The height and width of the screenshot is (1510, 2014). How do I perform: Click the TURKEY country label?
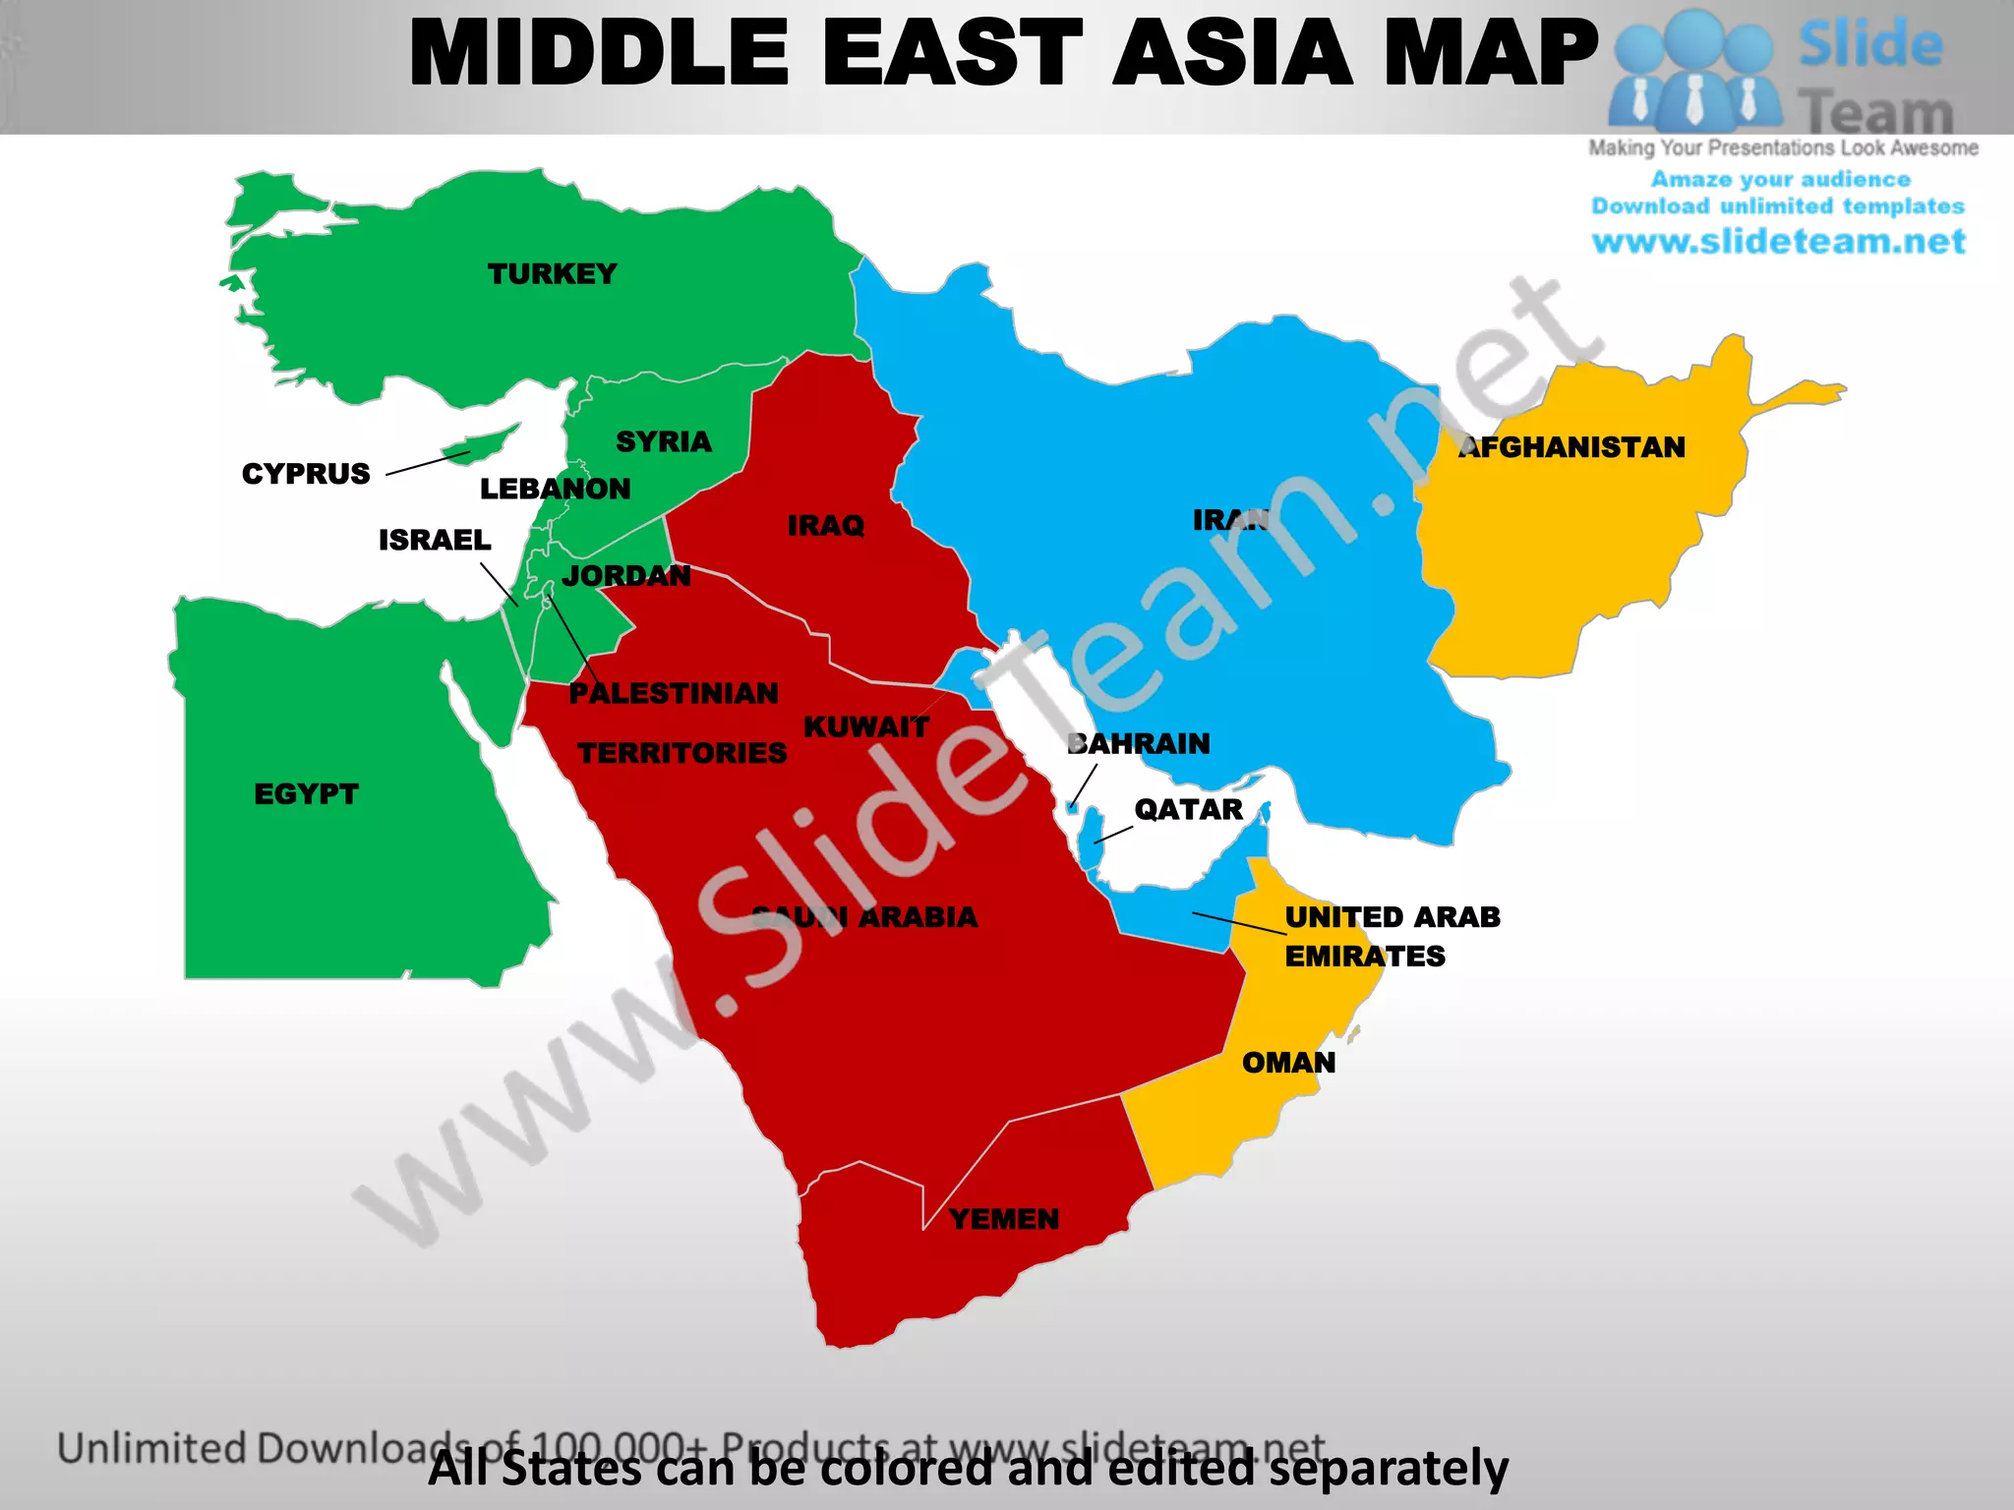click(552, 273)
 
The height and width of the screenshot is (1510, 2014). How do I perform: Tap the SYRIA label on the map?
click(663, 441)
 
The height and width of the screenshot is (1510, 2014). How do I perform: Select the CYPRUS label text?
click(306, 474)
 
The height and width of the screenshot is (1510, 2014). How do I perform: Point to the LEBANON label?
click(555, 489)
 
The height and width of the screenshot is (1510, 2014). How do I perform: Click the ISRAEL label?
click(435, 540)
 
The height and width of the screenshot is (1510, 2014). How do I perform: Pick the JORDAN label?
click(626, 576)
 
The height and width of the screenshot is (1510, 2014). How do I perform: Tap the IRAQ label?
click(825, 526)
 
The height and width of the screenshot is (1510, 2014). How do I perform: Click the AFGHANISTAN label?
click(1571, 447)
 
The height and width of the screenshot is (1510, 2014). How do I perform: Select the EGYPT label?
click(306, 794)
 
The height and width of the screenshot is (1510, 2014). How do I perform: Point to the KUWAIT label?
click(866, 727)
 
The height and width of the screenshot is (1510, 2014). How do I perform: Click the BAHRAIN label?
click(1139, 743)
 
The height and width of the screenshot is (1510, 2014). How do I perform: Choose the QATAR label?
click(1188, 809)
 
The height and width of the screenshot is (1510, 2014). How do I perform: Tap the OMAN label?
click(1288, 1063)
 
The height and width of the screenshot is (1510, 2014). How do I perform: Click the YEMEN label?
click(1004, 1219)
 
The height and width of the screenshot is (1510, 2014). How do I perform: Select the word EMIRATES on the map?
click(1365, 956)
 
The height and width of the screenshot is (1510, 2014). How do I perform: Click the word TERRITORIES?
click(681, 753)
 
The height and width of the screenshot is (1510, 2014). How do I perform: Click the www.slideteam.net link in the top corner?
click(1778, 241)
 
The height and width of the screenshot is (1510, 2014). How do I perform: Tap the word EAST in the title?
click(952, 53)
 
